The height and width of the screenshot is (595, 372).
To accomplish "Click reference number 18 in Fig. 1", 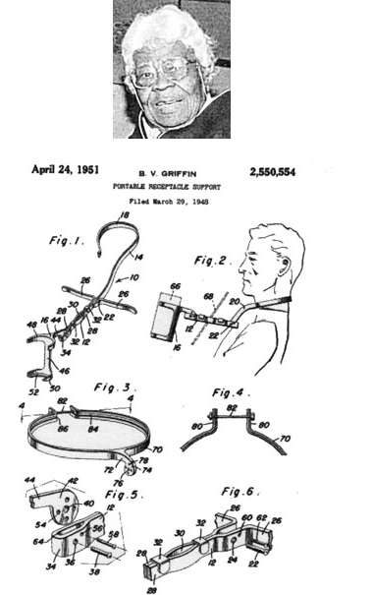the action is point(124,213).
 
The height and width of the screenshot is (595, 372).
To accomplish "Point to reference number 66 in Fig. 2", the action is point(175,286).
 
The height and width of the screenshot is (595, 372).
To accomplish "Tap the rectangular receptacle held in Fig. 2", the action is point(170,313).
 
